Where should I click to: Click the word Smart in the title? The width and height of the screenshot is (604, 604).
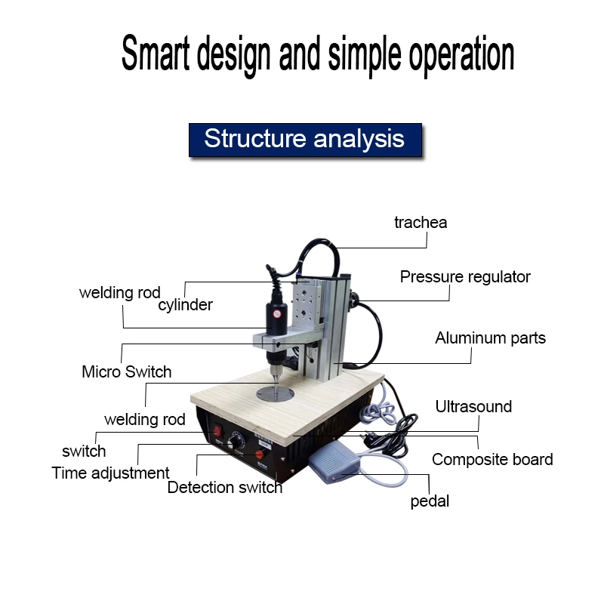click(x=156, y=54)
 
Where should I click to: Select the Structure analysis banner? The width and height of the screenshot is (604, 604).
click(x=304, y=139)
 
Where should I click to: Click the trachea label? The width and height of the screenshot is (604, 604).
click(x=421, y=222)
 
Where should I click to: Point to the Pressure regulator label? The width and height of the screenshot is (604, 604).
click(x=465, y=277)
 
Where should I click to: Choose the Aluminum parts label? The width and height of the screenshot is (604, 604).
click(x=490, y=338)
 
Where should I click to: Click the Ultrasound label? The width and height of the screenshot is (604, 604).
click(x=473, y=407)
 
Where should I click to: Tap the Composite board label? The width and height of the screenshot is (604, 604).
click(x=492, y=459)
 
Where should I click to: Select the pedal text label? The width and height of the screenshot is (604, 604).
click(x=430, y=501)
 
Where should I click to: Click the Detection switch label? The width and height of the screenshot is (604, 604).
click(x=225, y=488)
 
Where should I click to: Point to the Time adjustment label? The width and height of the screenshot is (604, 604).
click(x=110, y=473)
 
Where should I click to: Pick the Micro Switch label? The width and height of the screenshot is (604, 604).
click(x=126, y=372)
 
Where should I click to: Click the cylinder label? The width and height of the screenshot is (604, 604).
click(x=185, y=305)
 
